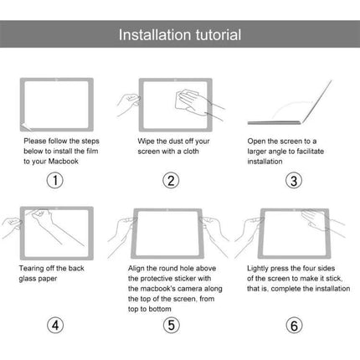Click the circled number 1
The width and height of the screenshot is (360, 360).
[54, 181]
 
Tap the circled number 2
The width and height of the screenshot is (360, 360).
[170, 181]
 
